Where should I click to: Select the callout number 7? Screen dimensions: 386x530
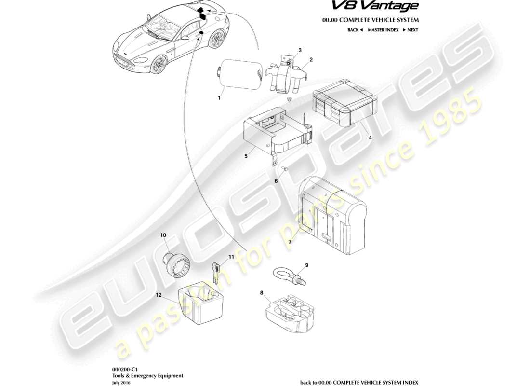(x=290, y=242)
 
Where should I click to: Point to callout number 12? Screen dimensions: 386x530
(x=159, y=294)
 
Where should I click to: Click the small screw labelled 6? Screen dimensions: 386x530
(x=284, y=169)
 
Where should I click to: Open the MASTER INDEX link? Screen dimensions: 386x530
(x=383, y=30)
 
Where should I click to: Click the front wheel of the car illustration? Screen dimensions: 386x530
(x=157, y=66)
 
